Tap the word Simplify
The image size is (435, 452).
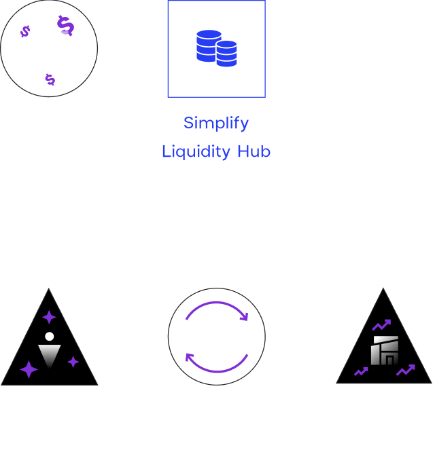216,124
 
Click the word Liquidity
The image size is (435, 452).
196,151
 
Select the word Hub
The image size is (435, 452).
254,151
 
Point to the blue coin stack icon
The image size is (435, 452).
216,48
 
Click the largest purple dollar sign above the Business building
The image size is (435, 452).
66,26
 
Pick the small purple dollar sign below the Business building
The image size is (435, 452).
50,80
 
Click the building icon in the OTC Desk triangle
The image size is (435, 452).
385,350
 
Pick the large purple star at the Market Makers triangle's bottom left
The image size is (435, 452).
29,369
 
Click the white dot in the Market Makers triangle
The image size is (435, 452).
49,336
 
